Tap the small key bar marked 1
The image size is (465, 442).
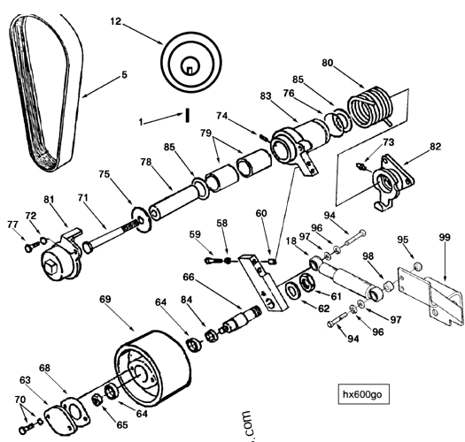[189, 116]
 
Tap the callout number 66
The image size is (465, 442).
[189, 278]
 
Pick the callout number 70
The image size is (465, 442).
[19, 400]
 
